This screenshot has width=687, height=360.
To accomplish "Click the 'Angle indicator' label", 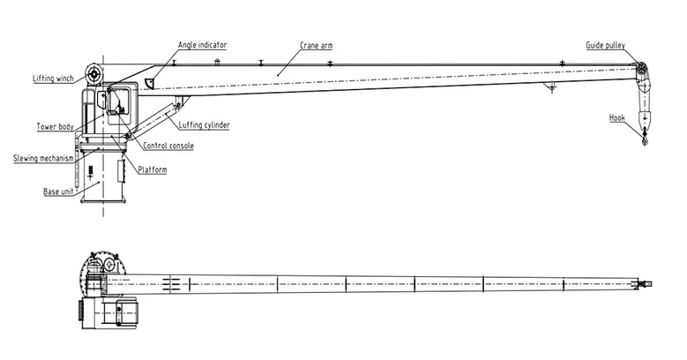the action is click(x=202, y=45).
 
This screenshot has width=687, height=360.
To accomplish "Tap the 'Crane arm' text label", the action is click(x=316, y=45).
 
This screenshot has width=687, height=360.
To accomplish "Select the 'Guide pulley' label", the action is click(x=606, y=45).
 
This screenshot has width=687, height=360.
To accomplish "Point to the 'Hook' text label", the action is click(x=617, y=117).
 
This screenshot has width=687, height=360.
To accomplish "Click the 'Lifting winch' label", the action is click(x=53, y=79).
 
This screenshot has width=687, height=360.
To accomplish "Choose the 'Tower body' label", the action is click(x=55, y=127).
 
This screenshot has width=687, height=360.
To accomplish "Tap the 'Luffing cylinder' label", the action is click(x=204, y=125).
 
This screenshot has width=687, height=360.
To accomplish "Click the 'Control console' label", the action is click(x=168, y=146).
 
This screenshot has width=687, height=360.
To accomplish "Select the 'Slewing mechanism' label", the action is click(x=43, y=158).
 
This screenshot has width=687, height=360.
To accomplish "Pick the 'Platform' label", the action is click(x=152, y=169).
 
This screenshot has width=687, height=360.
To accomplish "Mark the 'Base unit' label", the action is click(x=58, y=191).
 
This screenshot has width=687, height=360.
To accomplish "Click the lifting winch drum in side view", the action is click(x=93, y=74).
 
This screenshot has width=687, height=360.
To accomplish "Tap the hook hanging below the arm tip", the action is click(x=645, y=138).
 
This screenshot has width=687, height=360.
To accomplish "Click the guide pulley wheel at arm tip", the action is click(x=641, y=69).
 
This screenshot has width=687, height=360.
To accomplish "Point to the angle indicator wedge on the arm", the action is click(x=150, y=83).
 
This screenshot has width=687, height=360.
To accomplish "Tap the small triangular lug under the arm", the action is click(x=550, y=87).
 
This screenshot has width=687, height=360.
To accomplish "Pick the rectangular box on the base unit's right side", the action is click(x=122, y=170).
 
